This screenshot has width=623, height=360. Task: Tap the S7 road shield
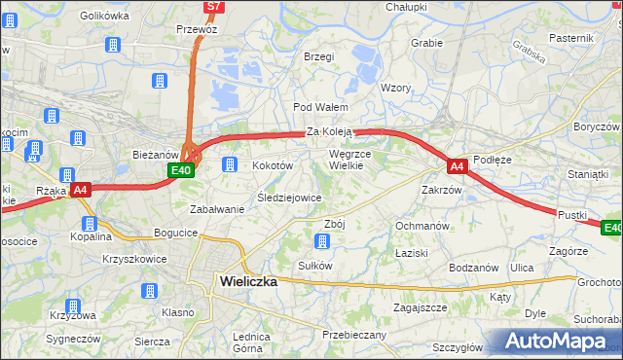click(214, 7)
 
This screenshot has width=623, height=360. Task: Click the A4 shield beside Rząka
click(81, 190)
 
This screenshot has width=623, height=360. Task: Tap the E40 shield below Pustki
click(611, 228)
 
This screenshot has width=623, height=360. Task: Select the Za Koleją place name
click(329, 131)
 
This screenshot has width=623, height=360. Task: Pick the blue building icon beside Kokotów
click(231, 163)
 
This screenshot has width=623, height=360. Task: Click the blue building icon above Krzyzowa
click(151, 291)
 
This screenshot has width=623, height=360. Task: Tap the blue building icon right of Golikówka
click(112, 45)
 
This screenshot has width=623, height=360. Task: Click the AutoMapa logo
click(556, 341)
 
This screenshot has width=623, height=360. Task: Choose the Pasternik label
click(570, 37)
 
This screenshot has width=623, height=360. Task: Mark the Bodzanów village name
click(474, 267)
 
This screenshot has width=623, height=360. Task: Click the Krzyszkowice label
click(134, 259)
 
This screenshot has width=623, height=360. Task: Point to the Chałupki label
click(406, 7)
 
